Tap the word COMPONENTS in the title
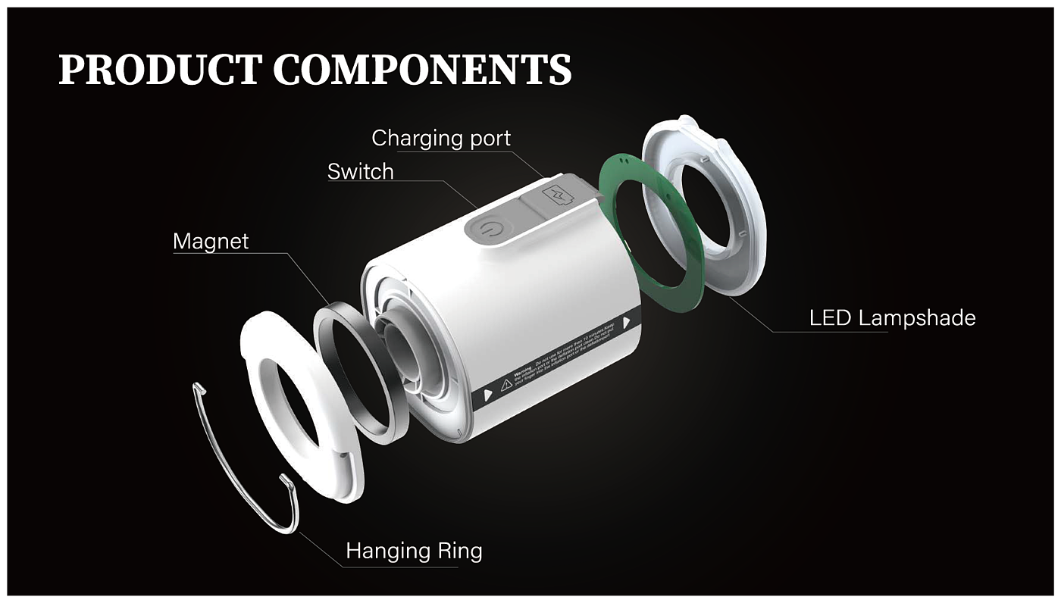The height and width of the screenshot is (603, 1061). point(422,69)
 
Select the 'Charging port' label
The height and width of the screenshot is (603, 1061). point(441,139)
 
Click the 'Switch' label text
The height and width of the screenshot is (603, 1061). point(361,172)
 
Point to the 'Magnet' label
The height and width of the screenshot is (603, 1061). point(211,242)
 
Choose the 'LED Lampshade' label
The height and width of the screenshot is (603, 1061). point(892,317)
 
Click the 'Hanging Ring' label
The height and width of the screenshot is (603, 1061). point(414,551)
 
